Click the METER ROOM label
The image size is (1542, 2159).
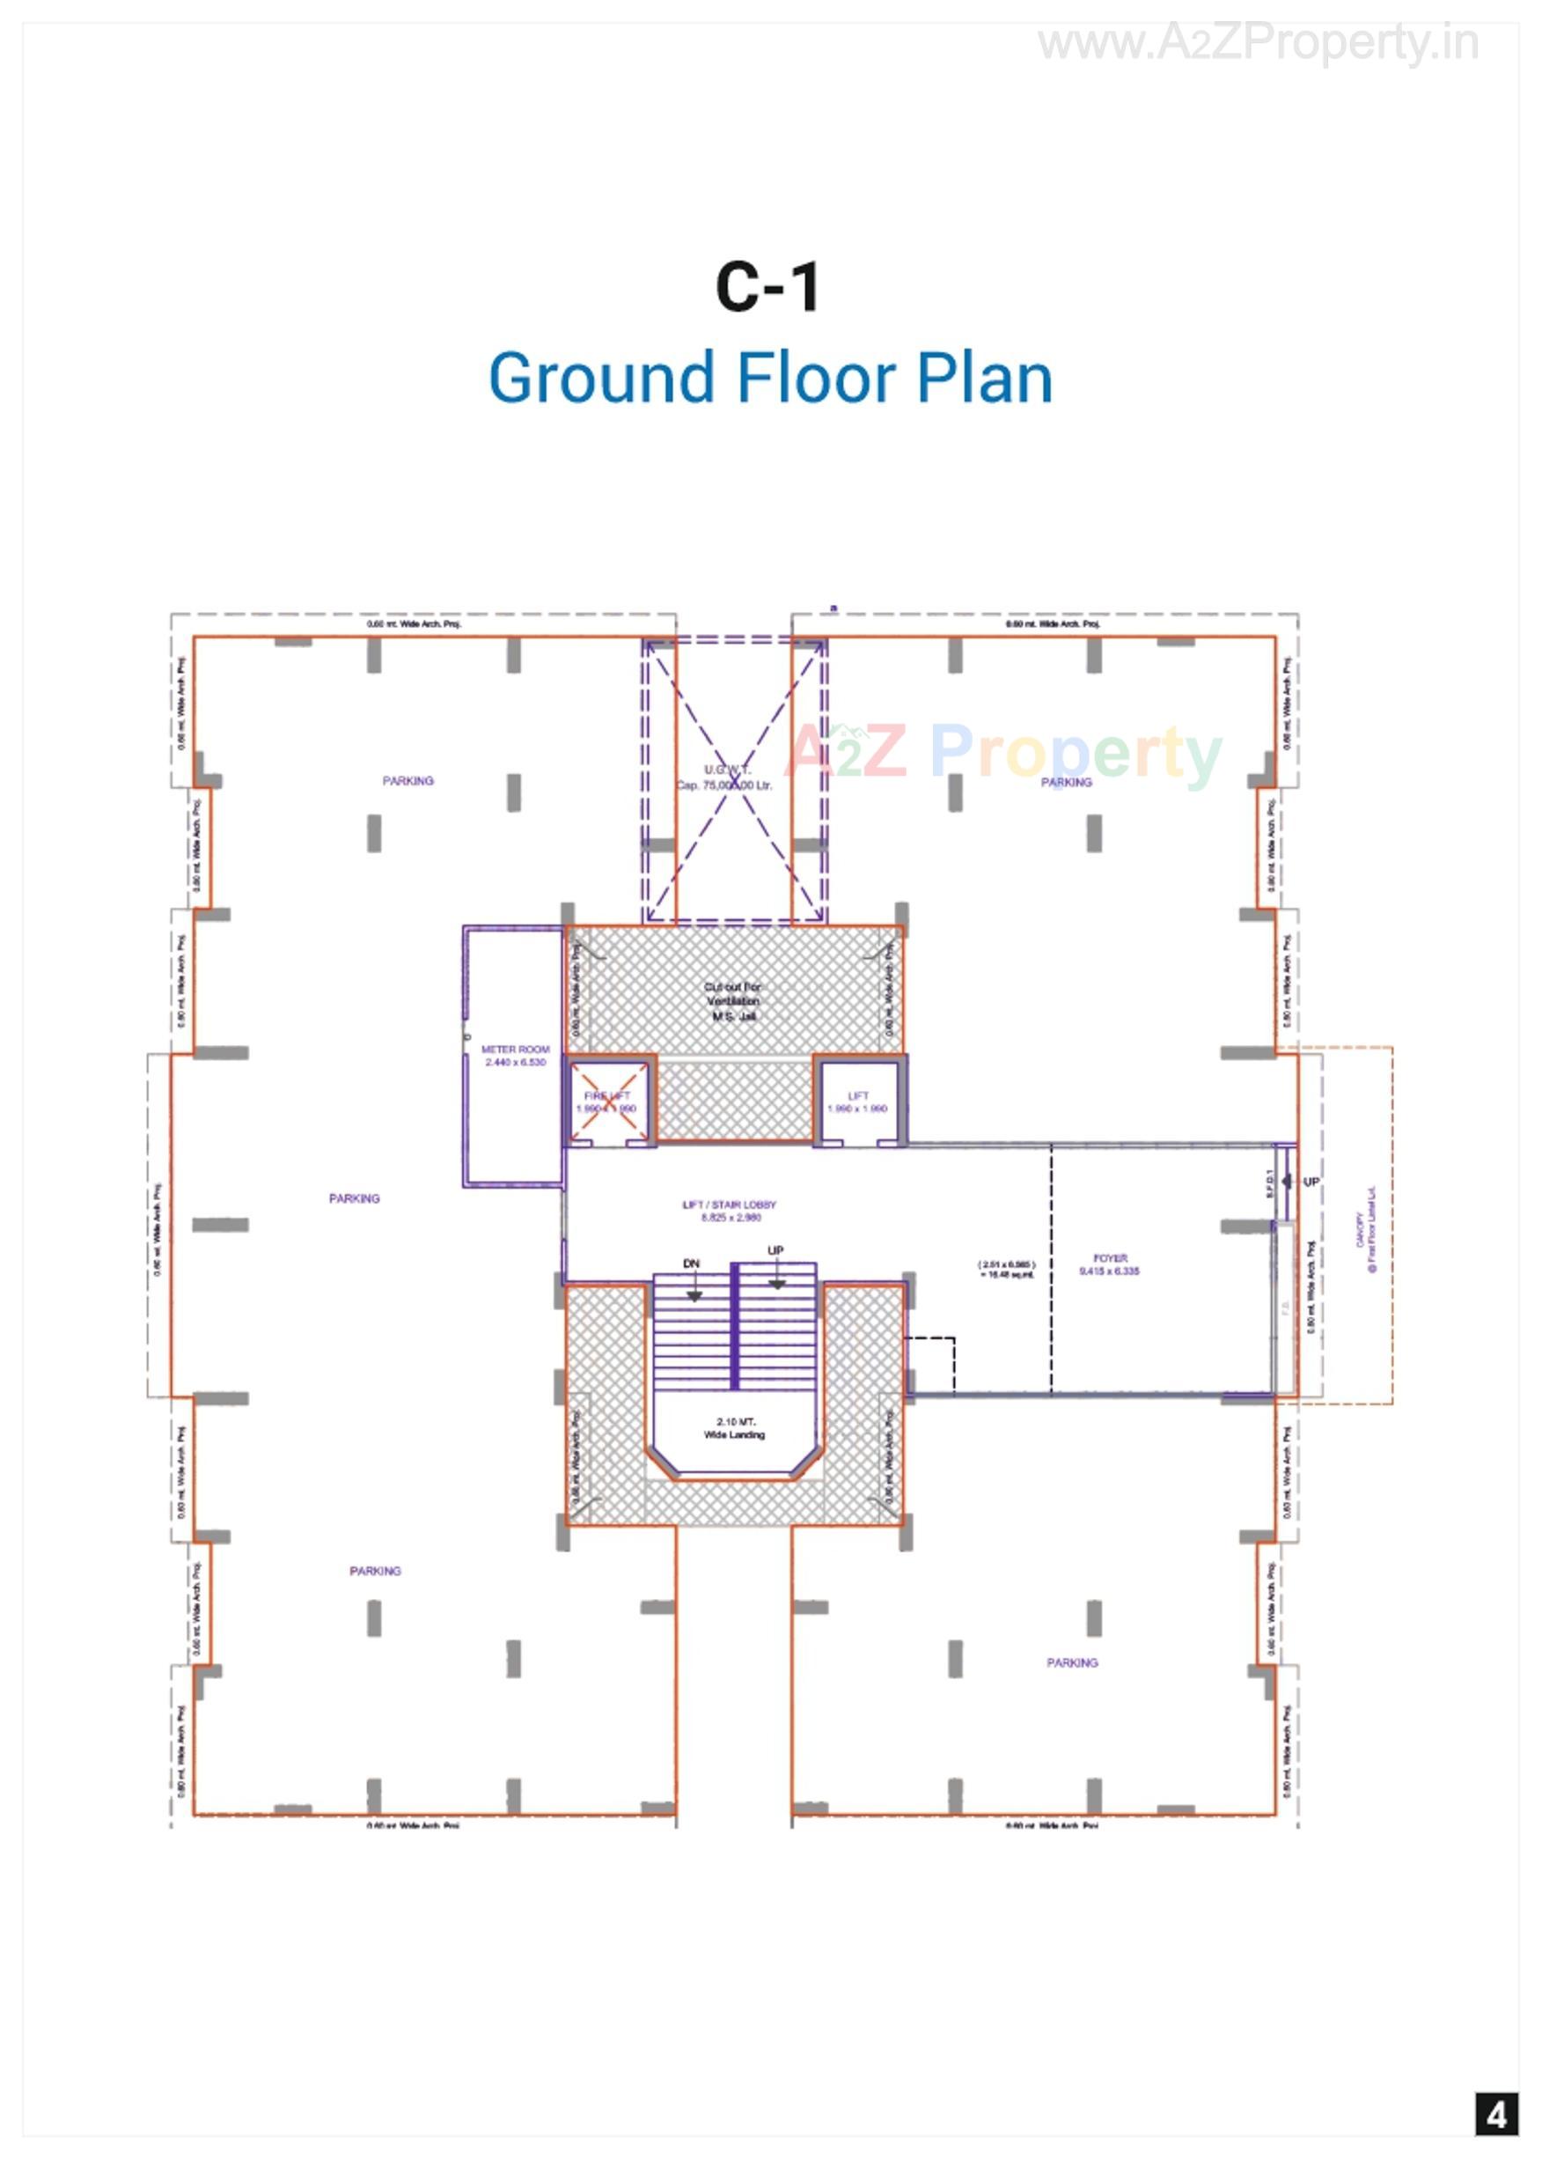point(515,1050)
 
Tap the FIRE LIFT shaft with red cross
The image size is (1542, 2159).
point(607,1101)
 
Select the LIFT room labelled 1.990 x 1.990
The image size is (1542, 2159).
point(857,1102)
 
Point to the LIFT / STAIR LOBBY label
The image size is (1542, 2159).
point(730,1205)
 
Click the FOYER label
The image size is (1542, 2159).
point(1109,1257)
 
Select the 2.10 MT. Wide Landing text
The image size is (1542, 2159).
point(734,1427)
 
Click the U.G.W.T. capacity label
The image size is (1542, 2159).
point(725,777)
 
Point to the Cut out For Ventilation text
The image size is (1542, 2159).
point(732,1001)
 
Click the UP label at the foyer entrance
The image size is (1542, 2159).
point(1311,1182)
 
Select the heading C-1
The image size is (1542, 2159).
point(767,287)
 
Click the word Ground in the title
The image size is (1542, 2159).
point(601,378)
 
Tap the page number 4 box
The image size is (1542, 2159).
point(1496,2115)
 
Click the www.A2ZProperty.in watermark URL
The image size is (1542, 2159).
point(1257,43)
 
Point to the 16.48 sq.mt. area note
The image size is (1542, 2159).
point(1007,1270)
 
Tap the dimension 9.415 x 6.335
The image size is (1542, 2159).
point(1109,1271)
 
